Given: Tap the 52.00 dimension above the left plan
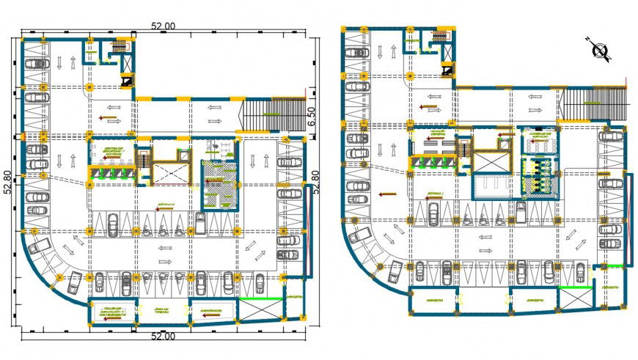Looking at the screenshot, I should point(163,26).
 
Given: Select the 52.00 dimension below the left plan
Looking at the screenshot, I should point(163,337).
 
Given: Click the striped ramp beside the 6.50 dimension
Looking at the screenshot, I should point(273,114).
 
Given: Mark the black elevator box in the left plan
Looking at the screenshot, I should point(128,82).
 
